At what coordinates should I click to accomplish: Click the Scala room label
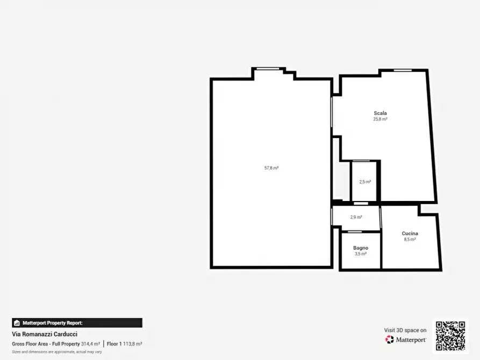pos(380,113)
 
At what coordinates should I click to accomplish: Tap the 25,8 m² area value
pos(380,119)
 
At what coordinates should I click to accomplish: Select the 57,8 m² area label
pos(271,168)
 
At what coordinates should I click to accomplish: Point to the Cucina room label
pos(410,233)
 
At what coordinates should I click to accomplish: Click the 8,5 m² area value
pos(410,240)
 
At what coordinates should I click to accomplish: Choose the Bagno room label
pos(361,248)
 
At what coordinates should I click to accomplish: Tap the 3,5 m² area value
pos(361,254)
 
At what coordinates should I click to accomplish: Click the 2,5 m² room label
pos(365,182)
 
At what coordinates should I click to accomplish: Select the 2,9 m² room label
pos(356,218)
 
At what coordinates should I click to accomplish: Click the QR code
pos(450,335)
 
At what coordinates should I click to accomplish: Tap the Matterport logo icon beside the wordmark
pos(389,340)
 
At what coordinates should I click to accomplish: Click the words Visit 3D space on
pos(405,330)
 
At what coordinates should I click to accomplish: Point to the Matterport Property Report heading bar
pos(77,322)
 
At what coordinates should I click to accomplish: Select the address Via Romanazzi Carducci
pos(45,334)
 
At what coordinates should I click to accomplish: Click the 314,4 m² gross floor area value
pos(91,344)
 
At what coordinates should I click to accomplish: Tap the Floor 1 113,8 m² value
pos(124,344)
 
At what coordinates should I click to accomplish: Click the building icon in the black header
pos(17,322)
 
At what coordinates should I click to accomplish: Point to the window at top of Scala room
pos(403,70)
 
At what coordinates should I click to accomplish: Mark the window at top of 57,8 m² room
pos(268,69)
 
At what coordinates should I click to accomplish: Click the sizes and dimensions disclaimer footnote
pos(57,352)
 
